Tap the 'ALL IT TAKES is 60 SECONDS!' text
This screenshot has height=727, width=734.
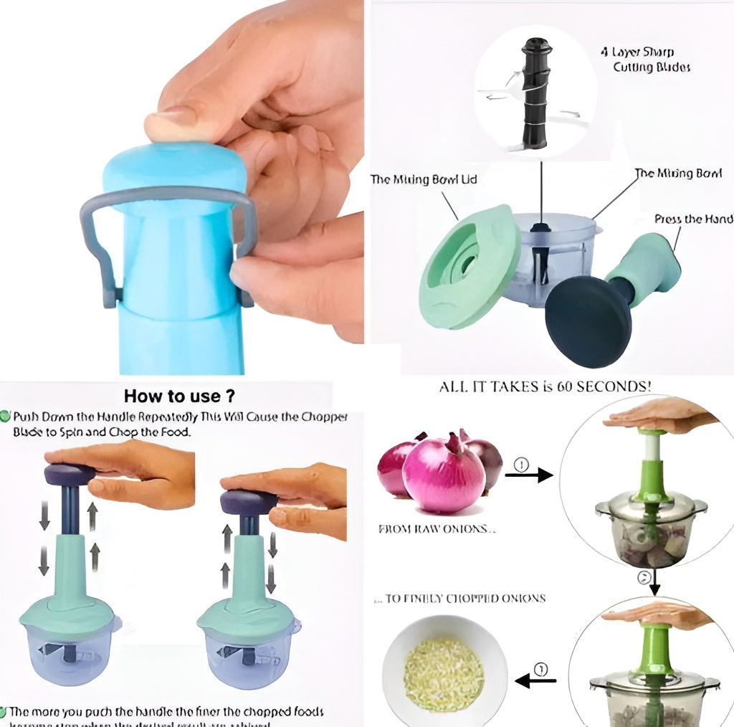pos(545,386)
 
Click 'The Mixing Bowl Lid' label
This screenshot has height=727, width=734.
pos(423,179)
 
